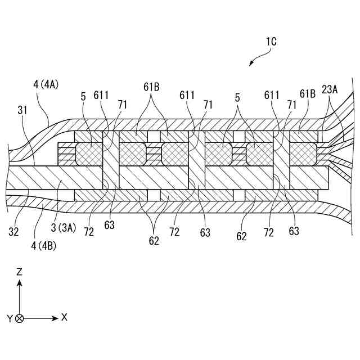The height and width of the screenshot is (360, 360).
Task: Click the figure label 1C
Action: (269, 42)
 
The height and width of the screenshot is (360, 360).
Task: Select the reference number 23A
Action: (331, 89)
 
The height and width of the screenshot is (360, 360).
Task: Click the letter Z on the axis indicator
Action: (20, 272)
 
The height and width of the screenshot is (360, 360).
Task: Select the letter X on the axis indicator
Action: (64, 317)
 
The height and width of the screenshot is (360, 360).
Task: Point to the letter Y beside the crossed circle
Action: (10, 318)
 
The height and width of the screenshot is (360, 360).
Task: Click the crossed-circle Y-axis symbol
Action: (20, 318)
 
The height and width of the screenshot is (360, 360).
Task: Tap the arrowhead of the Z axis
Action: (20, 281)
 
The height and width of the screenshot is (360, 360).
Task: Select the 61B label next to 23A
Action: (308, 93)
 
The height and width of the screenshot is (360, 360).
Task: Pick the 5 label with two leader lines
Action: (238, 97)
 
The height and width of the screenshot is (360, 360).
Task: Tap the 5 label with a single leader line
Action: (83, 97)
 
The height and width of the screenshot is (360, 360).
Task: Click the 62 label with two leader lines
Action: (154, 241)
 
